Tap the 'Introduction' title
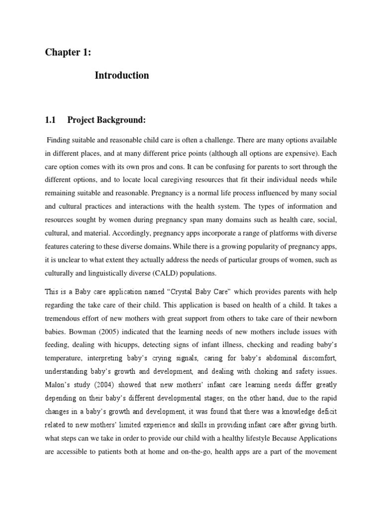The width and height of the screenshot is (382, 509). click(121, 76)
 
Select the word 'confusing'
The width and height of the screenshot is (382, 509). click(207, 167)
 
